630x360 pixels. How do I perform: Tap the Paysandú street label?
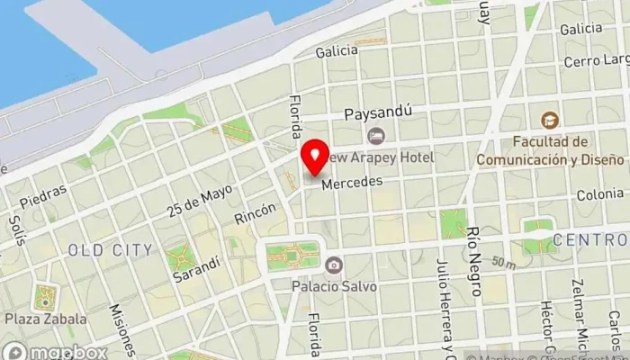tap(379, 114)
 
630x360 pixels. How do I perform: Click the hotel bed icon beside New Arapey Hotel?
tap(376, 136)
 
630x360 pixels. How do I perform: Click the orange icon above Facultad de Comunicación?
tap(548, 120)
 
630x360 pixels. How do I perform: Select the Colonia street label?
tap(599, 193)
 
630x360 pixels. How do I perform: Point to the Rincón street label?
tap(255, 214)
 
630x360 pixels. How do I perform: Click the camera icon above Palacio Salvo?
tap(334, 265)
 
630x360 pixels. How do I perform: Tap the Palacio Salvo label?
tap(333, 286)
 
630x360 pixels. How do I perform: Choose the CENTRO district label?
tap(589, 239)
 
